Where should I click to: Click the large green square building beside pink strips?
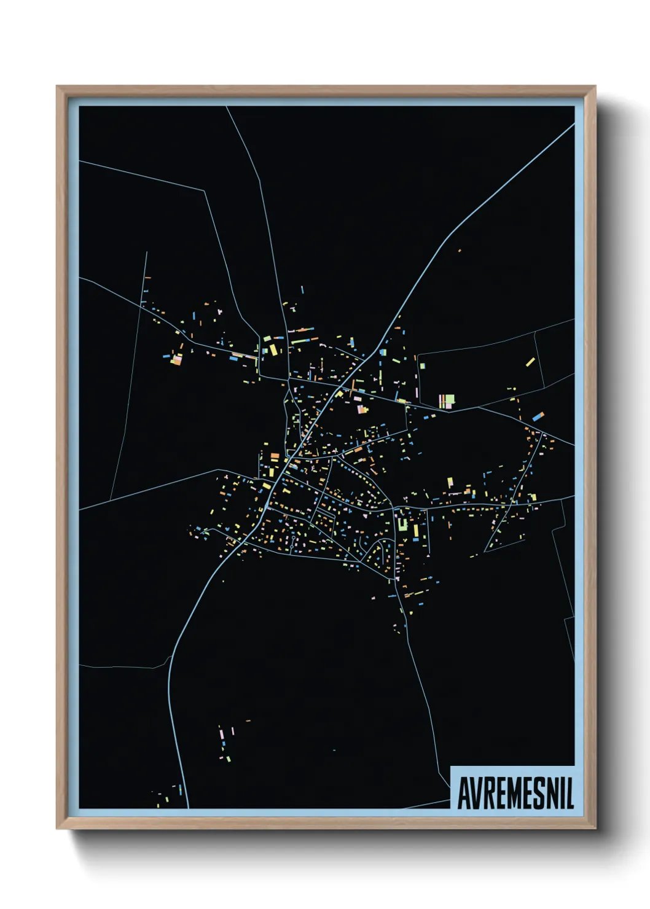pyautogui.click(x=450, y=400)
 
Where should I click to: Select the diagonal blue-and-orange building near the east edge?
pyautogui.click(x=538, y=416)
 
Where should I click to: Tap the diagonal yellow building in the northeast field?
pyautogui.click(x=530, y=362)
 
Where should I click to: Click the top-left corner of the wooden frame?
pyautogui.click(x=57, y=87)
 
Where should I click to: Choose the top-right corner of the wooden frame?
pyautogui.click(x=595, y=87)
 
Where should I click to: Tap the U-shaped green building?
pyautogui.click(x=403, y=524)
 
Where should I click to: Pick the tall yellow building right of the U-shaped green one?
pyautogui.click(x=416, y=531)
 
